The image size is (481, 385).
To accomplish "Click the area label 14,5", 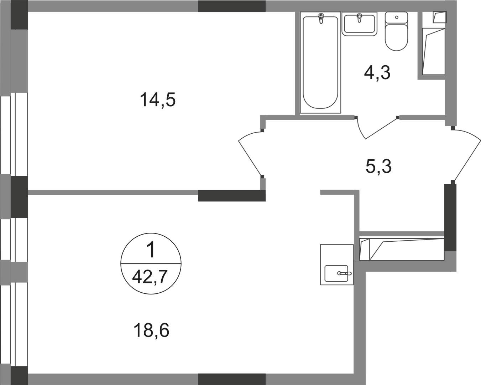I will [158, 99].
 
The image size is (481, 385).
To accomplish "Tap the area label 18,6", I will [151, 330].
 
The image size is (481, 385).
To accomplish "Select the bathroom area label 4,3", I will [377, 72].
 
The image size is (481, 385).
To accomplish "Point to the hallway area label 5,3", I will [379, 166].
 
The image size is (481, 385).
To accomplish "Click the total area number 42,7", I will [150, 277].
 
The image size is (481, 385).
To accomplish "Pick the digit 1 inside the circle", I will [151, 251].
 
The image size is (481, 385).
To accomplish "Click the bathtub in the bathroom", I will [320, 64].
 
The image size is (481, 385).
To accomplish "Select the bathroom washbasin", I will [359, 24].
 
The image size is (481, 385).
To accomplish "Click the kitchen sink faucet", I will [344, 273].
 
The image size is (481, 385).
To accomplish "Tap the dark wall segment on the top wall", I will [231, 6].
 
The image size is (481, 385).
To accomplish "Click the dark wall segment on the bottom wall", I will [231, 379].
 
